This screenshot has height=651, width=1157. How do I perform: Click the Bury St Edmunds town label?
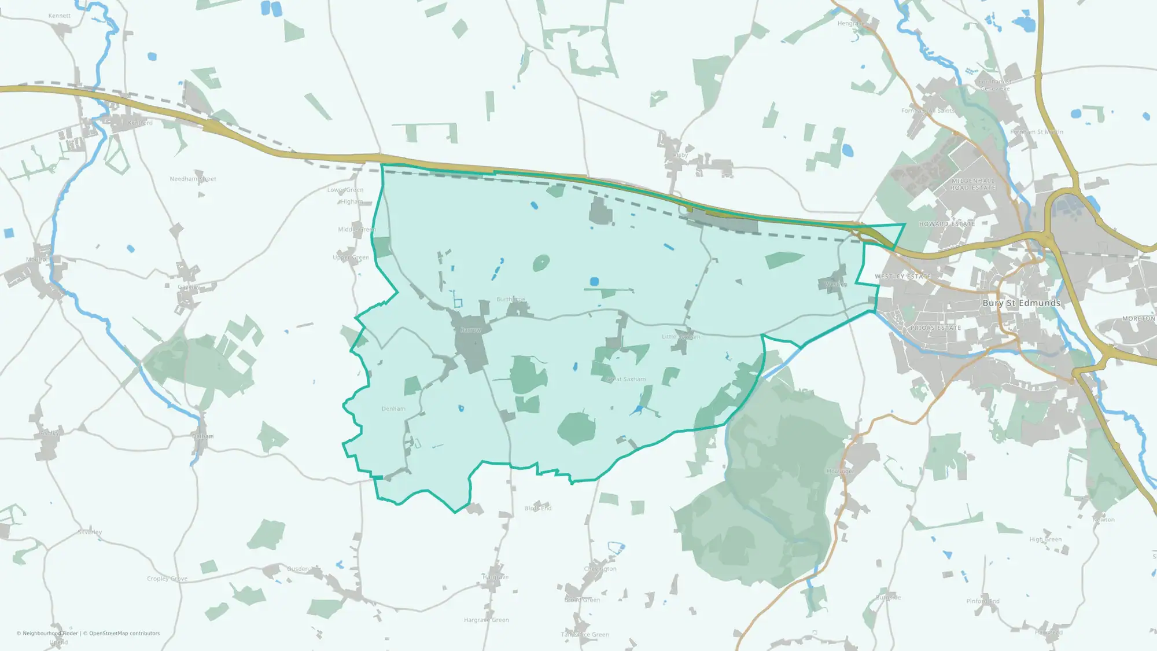point(1021,303)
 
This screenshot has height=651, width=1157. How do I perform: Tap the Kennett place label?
point(60,16)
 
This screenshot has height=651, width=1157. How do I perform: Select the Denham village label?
point(393,409)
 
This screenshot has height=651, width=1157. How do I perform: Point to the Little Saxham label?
point(681,336)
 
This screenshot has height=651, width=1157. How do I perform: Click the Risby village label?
point(680,155)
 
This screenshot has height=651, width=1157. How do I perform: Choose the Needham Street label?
point(193,179)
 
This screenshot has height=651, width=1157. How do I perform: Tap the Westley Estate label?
point(902,277)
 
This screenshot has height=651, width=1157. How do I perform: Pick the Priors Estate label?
point(935,328)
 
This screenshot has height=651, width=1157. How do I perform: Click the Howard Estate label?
point(947,224)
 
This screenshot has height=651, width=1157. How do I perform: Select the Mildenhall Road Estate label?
point(974,184)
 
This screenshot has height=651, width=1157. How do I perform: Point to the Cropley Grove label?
point(167,579)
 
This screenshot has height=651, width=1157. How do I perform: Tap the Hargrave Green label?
point(486,620)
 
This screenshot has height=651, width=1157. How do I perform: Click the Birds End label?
point(538,508)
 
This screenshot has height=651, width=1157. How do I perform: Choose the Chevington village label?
point(600,569)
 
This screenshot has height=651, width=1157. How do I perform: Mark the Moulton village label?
point(38,259)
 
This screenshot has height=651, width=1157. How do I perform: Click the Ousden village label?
point(298,569)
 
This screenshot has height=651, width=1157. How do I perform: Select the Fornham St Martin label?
point(1037,132)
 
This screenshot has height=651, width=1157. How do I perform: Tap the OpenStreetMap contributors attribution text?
point(124,633)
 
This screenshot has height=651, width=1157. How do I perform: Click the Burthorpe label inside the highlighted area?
point(511,299)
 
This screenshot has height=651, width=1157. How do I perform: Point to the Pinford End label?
point(983,601)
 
